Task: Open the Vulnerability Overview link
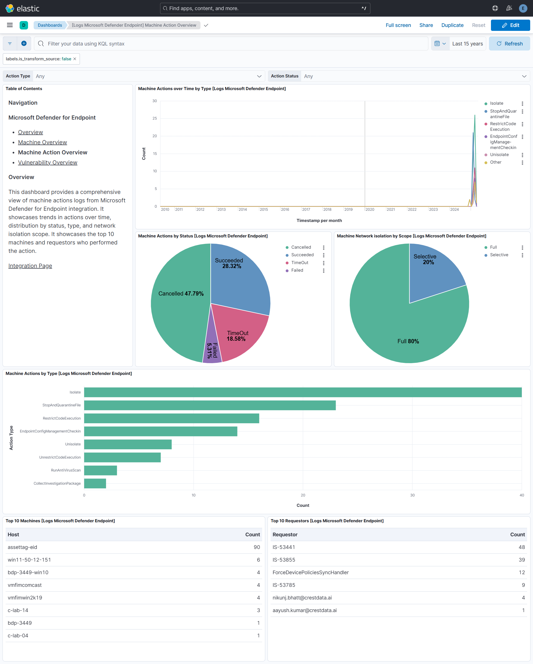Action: pyautogui.click(x=47, y=162)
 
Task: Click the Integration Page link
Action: pyautogui.click(x=30, y=265)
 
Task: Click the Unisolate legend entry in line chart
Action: pyautogui.click(x=499, y=155)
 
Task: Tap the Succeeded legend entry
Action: pyautogui.click(x=302, y=255)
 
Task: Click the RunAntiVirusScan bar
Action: pyautogui.click(x=100, y=470)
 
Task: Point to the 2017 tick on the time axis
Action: pyautogui.click(x=306, y=209)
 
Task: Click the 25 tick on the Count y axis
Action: pyautogui.click(x=154, y=118)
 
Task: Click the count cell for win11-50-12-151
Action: pyautogui.click(x=258, y=560)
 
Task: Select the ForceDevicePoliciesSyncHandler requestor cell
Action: pyautogui.click(x=310, y=572)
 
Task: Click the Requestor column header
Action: pyautogui.click(x=285, y=534)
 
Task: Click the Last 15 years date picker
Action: pyautogui.click(x=467, y=44)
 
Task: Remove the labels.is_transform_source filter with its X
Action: pyautogui.click(x=75, y=59)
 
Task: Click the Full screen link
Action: pyautogui.click(x=398, y=25)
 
